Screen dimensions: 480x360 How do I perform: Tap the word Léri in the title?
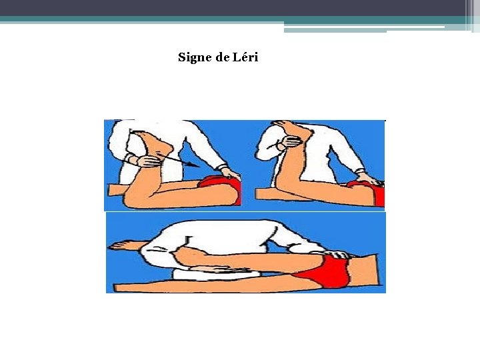245,57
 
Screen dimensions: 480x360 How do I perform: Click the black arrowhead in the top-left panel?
195,165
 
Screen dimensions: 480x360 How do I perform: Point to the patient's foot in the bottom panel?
123,245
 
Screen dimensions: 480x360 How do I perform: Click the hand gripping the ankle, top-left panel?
146,161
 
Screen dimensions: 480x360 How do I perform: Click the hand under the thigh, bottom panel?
216,269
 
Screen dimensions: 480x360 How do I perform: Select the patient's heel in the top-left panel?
167,150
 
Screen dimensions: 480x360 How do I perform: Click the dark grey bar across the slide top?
233,8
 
